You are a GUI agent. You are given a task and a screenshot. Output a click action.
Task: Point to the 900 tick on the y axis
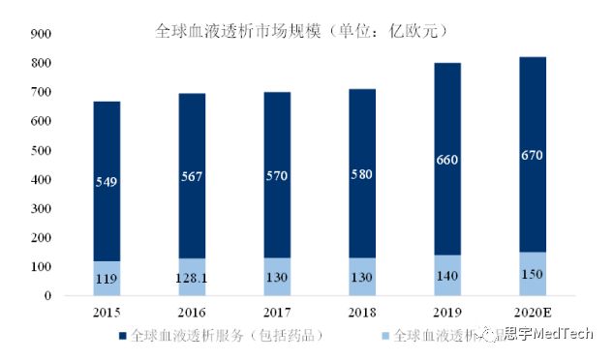(40, 34)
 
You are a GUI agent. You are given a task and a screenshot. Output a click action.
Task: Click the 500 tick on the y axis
(40, 151)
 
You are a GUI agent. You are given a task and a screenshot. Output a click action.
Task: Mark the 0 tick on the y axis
(46, 296)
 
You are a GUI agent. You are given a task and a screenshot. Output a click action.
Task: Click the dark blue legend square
(123, 335)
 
